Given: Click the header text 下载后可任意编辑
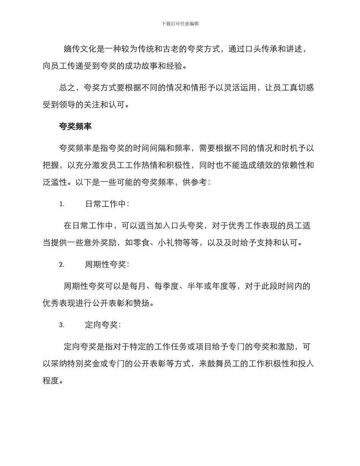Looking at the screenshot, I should [x=180, y=23].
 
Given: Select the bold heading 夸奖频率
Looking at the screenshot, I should [x=75, y=127].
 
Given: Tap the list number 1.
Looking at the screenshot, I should [x=62, y=204].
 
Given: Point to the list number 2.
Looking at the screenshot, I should [x=62, y=264].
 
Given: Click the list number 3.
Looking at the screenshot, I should [x=62, y=325].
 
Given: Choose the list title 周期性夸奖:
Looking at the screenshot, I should [x=107, y=264].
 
